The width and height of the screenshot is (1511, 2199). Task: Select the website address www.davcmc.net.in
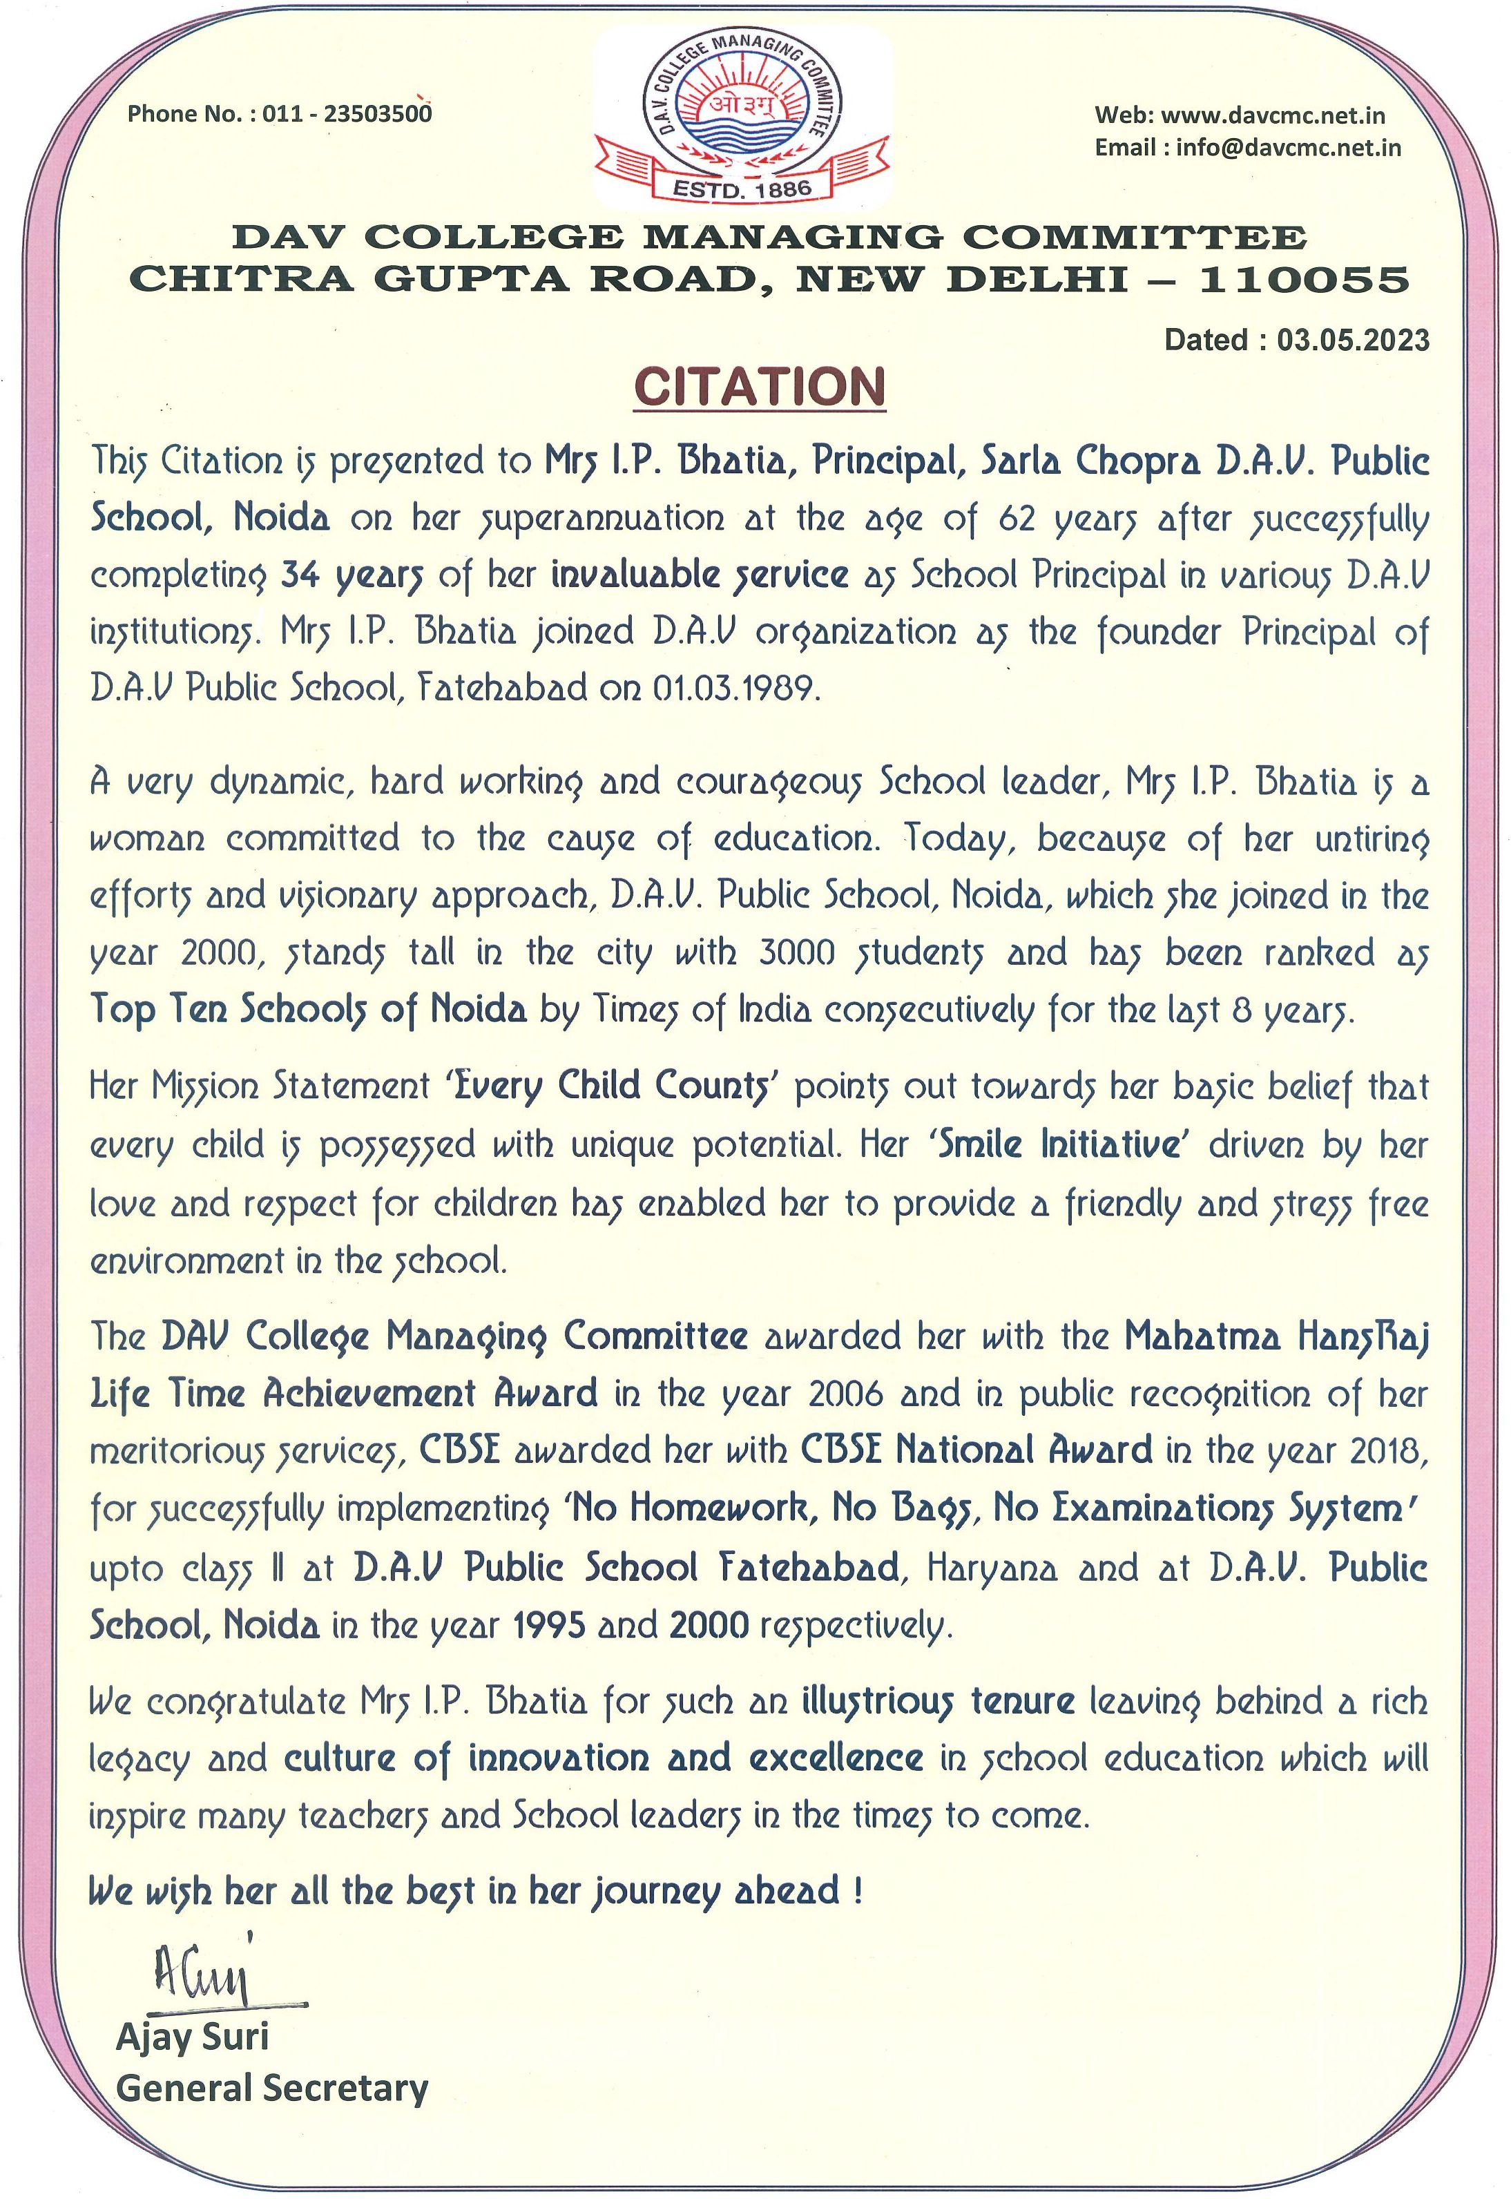pos(1273,115)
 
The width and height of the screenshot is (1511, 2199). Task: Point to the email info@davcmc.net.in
pos(1289,148)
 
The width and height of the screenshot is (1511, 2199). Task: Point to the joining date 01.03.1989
pos(733,688)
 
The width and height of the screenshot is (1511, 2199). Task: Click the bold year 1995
pos(548,1624)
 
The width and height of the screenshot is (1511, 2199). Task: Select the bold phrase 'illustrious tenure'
pos(937,1701)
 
